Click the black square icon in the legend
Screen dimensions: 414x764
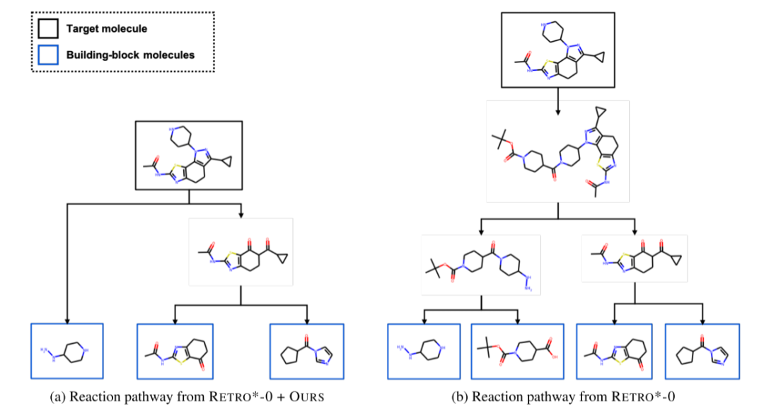pyautogui.click(x=48, y=29)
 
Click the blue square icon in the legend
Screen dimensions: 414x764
pyautogui.click(x=48, y=54)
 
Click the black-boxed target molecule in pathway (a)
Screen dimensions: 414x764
pyautogui.click(x=188, y=155)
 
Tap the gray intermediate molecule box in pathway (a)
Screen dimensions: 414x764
pyautogui.click(x=241, y=251)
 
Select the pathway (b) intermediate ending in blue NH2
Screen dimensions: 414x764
pyautogui.click(x=481, y=265)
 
